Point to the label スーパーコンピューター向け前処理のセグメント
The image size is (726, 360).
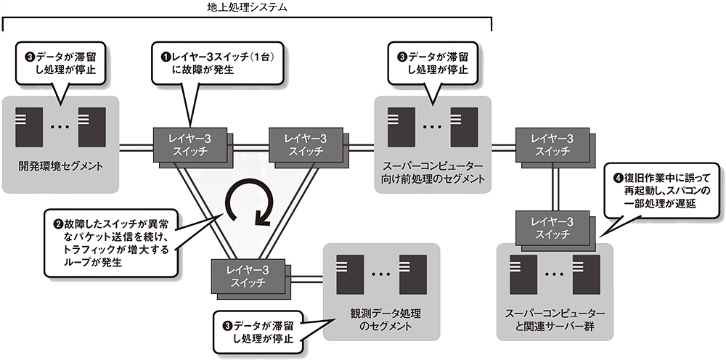(x=433, y=171)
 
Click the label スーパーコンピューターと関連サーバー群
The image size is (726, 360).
(x=554, y=321)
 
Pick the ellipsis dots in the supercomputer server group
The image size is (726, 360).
(x=554, y=275)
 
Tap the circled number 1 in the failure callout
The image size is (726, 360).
(x=164, y=54)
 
